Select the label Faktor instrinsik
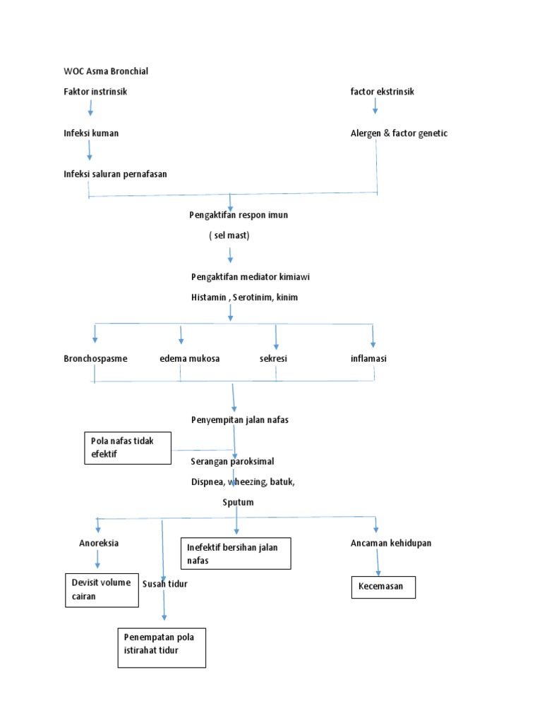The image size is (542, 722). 95,92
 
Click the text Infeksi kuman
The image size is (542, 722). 91,133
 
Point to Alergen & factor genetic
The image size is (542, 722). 399,133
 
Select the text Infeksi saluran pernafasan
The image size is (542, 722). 115,174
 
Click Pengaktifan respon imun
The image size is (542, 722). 239,215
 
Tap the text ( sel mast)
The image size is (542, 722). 229,235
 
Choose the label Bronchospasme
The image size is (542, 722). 95,358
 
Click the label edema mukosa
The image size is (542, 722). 190,358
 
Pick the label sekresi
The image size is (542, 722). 273,358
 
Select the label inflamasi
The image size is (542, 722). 368,358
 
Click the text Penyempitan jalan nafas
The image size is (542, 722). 240,420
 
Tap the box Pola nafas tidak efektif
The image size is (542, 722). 128,448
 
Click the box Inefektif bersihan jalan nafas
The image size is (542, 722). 236,554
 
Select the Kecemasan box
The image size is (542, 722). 383,587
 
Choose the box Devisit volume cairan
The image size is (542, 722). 101,590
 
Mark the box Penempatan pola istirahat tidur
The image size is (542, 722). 162,647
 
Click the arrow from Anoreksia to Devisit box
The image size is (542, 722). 97,560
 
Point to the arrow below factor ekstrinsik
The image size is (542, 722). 375,106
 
